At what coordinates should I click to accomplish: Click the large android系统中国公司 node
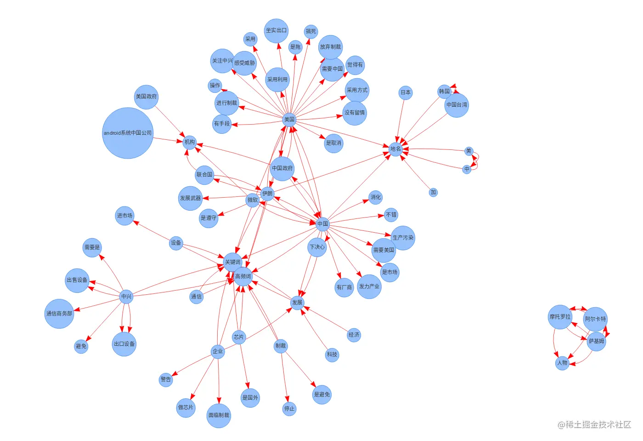128,133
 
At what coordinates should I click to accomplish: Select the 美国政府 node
146,97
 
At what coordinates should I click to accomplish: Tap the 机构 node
190,142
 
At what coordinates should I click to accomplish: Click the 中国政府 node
282,168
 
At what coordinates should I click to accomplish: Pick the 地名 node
395,149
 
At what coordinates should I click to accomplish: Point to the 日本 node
406,92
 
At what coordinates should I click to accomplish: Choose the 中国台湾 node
457,105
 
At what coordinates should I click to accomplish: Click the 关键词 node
232,262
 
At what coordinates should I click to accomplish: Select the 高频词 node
243,276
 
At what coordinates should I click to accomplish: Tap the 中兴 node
126,297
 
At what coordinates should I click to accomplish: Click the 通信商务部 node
59,314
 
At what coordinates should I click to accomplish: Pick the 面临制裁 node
219,415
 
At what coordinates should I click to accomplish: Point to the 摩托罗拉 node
560,317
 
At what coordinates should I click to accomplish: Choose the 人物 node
562,363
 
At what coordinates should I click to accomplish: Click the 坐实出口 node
276,31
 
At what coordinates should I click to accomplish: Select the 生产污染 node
403,238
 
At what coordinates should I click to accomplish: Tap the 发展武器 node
190,198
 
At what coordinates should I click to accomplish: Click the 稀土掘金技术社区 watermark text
594,424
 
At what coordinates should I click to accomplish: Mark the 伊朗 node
267,194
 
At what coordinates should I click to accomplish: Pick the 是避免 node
321,395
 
